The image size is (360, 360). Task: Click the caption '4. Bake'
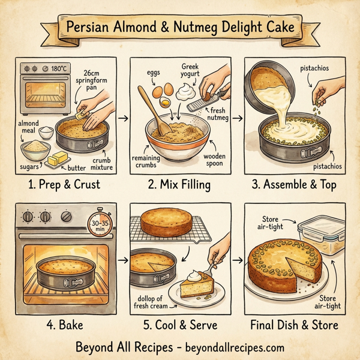coord(65,325)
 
